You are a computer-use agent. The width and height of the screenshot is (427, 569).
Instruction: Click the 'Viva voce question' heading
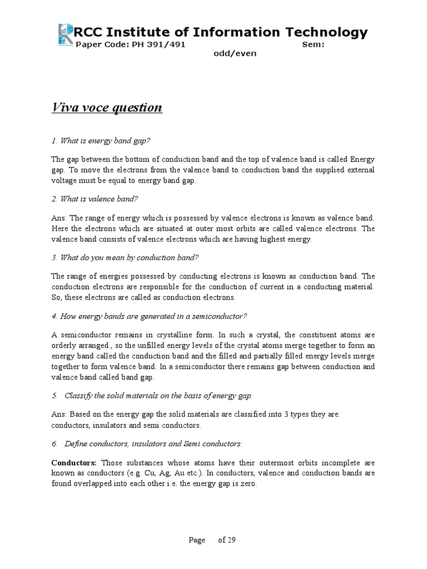pyautogui.click(x=107, y=107)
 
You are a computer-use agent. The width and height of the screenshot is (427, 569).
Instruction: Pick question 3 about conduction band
pyautogui.click(x=125, y=257)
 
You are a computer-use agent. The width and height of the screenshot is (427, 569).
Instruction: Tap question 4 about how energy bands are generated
pyautogui.click(x=148, y=316)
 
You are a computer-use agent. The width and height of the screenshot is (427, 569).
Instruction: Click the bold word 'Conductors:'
pyautogui.click(x=74, y=463)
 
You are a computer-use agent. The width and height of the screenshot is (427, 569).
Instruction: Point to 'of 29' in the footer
pyautogui.click(x=227, y=540)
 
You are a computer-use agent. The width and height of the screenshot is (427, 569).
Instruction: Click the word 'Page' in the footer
pyautogui.click(x=196, y=540)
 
